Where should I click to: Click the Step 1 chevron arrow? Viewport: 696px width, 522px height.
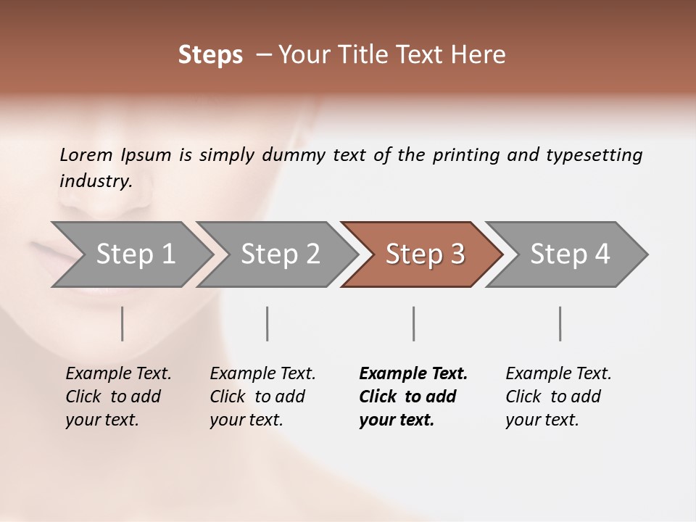coord(134,254)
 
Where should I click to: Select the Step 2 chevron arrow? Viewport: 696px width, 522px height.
coord(279,254)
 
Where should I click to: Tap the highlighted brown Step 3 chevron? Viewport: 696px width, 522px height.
coord(424,254)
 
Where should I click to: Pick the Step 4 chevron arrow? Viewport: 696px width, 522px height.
coord(569,254)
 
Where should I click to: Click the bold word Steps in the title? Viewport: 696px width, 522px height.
coord(210,55)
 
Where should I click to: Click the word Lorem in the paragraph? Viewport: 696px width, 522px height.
coord(86,154)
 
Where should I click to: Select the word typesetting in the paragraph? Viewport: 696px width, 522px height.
coord(594,155)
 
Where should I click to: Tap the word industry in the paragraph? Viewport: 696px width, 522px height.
coord(95,181)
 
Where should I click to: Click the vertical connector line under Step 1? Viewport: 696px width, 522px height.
coord(123,323)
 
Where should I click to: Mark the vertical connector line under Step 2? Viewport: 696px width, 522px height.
coord(268,323)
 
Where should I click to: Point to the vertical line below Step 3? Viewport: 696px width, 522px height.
coord(414,323)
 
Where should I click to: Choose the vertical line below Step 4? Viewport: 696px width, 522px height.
coord(560,323)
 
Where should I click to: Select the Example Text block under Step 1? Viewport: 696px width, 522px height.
coord(118,397)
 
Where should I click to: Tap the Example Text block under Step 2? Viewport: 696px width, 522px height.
coord(262,397)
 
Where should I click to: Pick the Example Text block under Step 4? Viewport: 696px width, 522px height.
coord(558,397)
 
